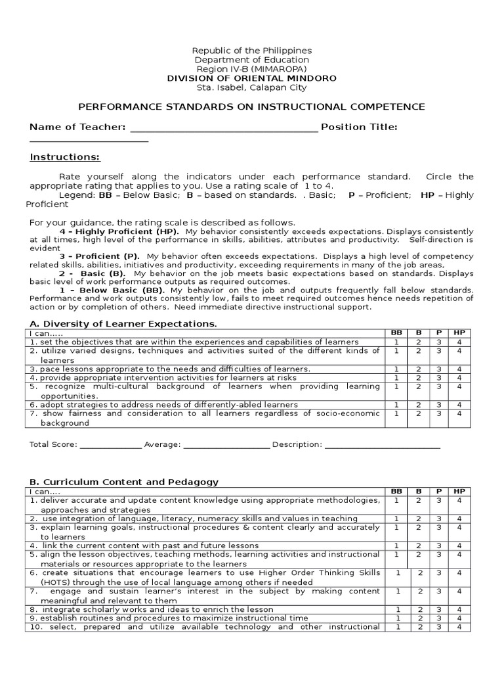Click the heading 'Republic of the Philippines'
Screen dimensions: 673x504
(251, 51)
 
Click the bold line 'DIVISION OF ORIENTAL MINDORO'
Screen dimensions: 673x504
(251, 78)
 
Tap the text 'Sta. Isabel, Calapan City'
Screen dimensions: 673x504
(251, 87)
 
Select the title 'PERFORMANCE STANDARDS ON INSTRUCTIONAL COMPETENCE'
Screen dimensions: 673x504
(251, 106)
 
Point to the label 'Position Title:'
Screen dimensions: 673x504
(359, 127)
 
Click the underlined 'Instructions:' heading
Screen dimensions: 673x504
(65, 157)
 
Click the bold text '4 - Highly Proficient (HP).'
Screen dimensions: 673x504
(121, 232)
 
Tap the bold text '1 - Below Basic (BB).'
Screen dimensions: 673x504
(112, 290)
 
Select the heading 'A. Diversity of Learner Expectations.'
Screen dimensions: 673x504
(123, 324)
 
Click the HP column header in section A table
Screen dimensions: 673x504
(459, 333)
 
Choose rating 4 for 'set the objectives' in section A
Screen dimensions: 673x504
(459, 342)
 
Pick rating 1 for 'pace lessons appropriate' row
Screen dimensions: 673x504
(396, 369)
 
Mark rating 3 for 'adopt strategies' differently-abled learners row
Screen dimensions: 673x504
(438, 405)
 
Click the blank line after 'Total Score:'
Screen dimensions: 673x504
(110, 445)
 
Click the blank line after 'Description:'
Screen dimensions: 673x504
(382, 445)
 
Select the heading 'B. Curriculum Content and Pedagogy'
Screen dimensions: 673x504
(124, 482)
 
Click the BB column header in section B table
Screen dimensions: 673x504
(396, 491)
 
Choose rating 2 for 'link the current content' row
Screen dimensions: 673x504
(417, 545)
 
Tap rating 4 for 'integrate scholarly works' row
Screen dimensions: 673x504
(459, 609)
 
